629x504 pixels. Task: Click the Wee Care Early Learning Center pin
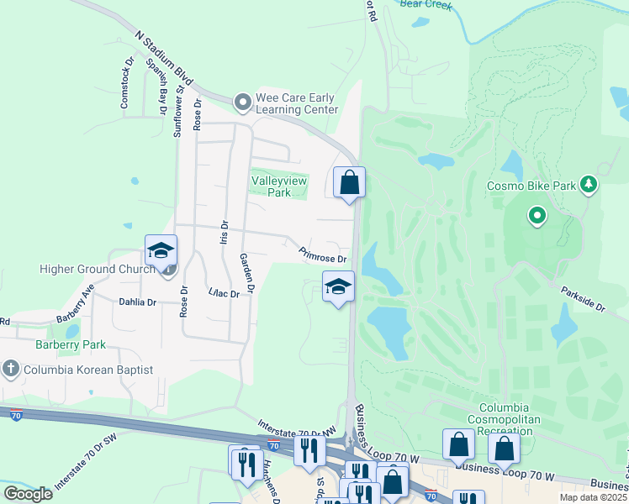coord(243,103)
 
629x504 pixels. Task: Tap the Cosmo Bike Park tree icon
coord(589,184)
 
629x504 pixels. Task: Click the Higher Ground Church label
coord(99,269)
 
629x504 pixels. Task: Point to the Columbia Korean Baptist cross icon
coord(10,369)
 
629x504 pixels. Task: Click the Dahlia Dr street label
coord(138,302)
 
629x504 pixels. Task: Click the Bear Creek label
coord(426,4)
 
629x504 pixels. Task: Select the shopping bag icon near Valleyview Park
coord(349,181)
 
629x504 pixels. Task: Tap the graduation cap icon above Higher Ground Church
coord(161,250)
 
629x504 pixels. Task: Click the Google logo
coord(28,493)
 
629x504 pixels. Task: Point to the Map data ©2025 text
coord(594,497)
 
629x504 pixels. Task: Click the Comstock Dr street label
coord(126,83)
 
